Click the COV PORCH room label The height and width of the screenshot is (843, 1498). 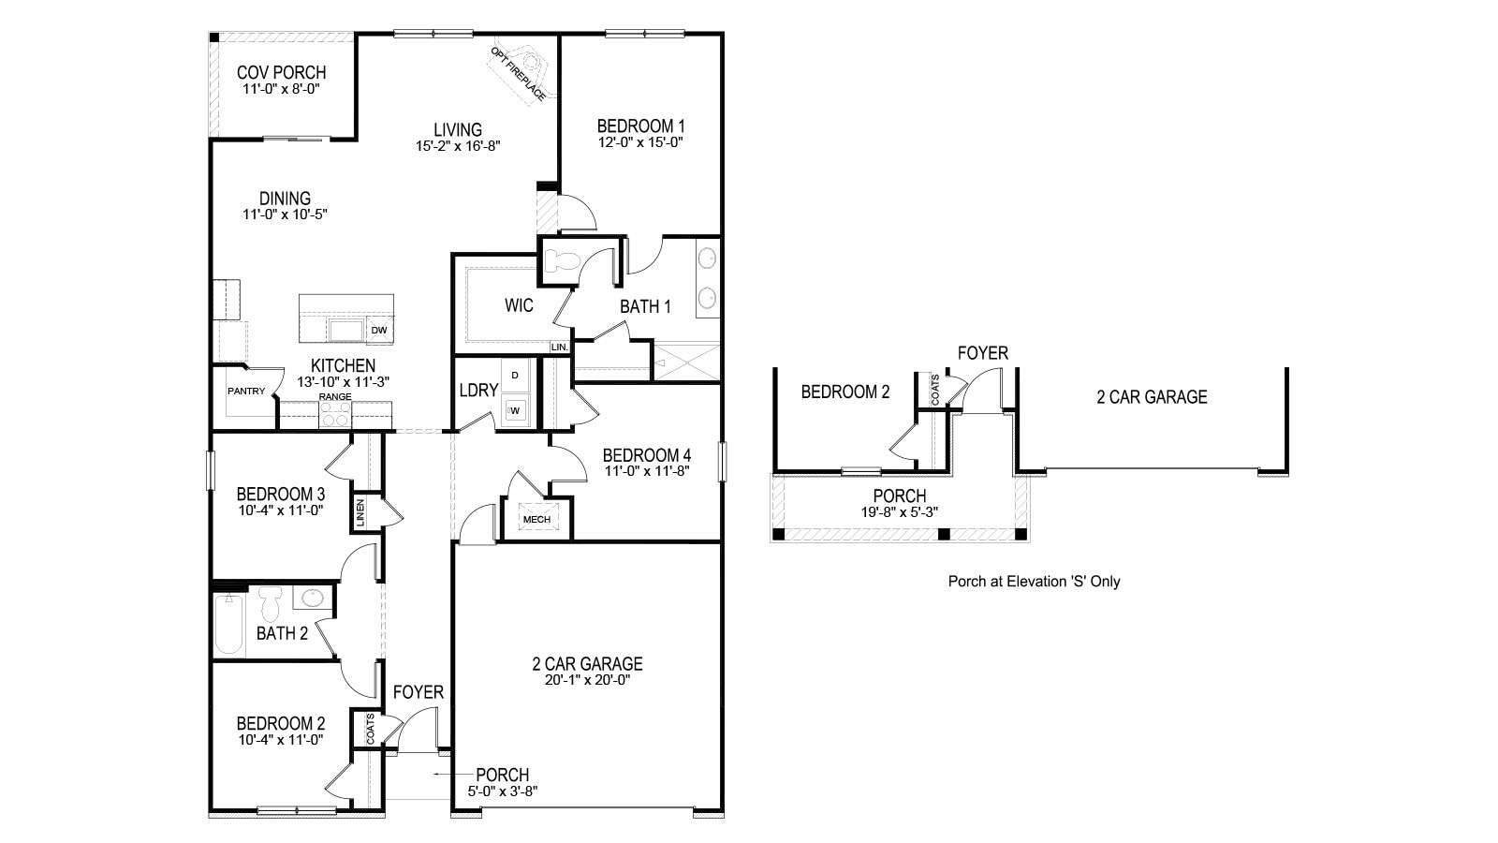click(x=281, y=72)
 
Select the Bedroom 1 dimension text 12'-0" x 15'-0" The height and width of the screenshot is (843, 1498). click(x=641, y=143)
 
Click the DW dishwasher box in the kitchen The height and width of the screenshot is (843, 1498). click(x=379, y=330)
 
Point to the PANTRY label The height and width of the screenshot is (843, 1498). click(x=246, y=392)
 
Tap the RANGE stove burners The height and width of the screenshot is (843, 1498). click(x=335, y=415)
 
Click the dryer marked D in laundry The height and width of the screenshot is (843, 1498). click(x=514, y=376)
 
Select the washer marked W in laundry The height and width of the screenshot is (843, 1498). click(x=514, y=410)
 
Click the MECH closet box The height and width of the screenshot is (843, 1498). click(x=536, y=519)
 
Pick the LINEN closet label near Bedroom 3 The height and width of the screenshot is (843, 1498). click(x=360, y=512)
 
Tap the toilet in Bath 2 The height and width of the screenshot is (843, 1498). click(x=271, y=601)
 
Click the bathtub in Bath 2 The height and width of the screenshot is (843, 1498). click(x=228, y=622)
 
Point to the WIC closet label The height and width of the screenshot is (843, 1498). click(x=519, y=305)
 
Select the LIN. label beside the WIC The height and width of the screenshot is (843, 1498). click(x=560, y=347)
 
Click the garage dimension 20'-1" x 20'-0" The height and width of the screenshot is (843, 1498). click(x=587, y=681)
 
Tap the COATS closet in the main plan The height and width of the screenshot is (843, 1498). click(x=371, y=730)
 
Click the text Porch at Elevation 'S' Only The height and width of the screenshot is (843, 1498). click(x=1034, y=582)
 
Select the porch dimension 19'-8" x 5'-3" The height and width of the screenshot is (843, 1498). click(x=899, y=511)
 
